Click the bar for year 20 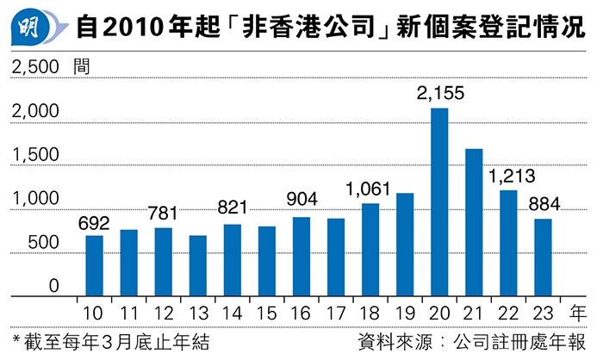438,202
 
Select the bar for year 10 94,266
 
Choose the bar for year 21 473,222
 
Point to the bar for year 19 404,245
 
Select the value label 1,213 509,175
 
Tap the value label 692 95,221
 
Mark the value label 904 301,202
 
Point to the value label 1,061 370,188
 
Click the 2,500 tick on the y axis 34,66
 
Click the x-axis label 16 301,312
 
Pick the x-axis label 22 508,312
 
